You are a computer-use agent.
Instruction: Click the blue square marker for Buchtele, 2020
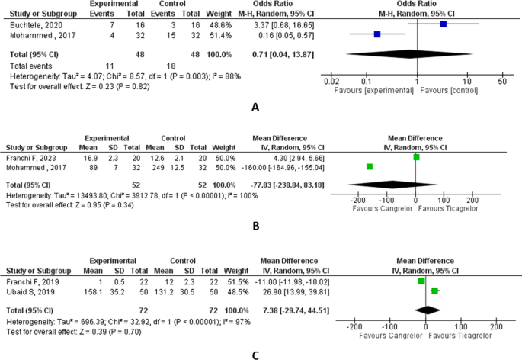pyautogui.click(x=444, y=24)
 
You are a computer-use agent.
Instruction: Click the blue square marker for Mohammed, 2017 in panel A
pyautogui.click(x=377, y=34)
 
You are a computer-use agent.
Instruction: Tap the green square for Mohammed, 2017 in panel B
pyautogui.click(x=370, y=166)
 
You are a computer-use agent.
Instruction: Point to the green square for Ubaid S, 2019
pyautogui.click(x=434, y=291)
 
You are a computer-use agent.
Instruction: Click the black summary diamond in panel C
pyautogui.click(x=428, y=310)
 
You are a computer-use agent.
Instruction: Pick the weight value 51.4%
pyautogui.click(x=222, y=34)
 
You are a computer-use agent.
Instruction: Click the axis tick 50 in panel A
pyautogui.click(x=501, y=81)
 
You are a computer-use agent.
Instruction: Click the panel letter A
pyautogui.click(x=256, y=108)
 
